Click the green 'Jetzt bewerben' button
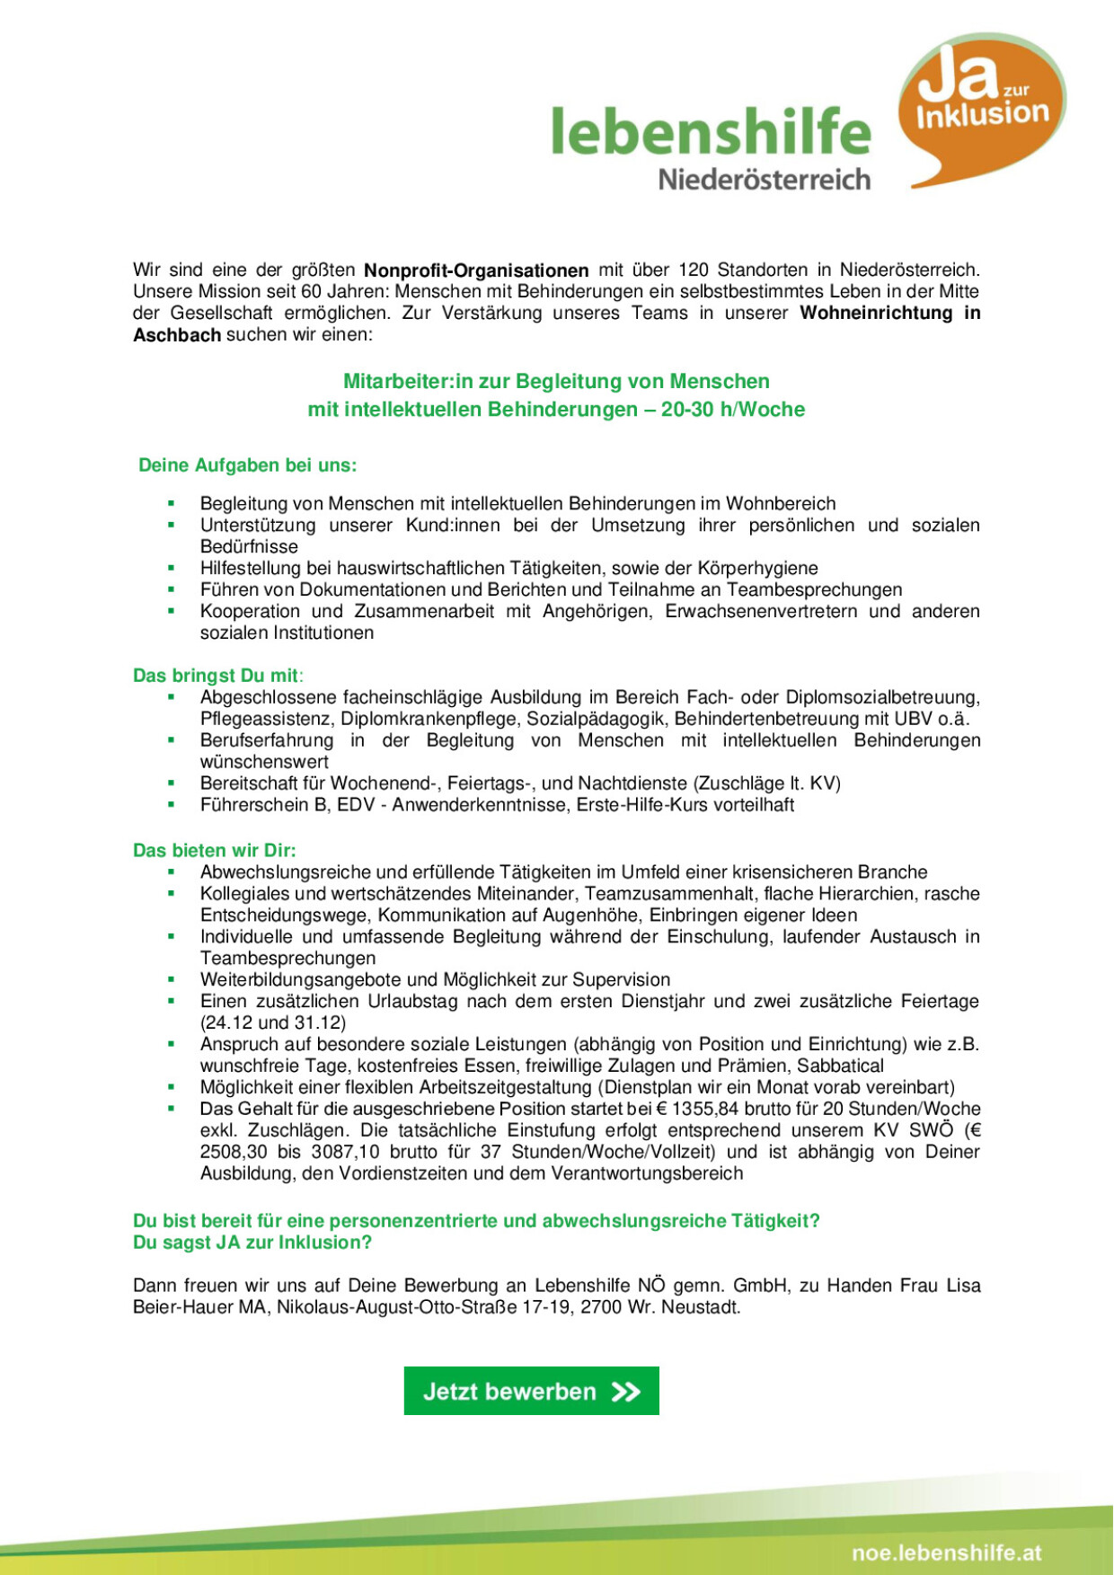531,1391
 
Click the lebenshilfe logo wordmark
711,131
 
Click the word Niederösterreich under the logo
765,179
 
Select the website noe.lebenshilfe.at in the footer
947,1553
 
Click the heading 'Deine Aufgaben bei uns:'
248,465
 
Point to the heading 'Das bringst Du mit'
217,676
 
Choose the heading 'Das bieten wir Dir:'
215,850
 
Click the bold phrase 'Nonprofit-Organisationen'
476,270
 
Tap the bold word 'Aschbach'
177,335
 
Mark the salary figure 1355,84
705,1109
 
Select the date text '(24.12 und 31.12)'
273,1022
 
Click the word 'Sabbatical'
840,1066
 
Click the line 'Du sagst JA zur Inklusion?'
252,1243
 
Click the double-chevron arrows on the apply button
626,1392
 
